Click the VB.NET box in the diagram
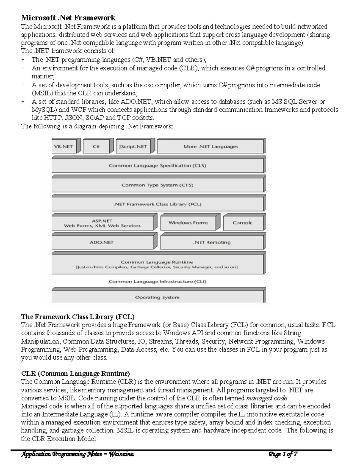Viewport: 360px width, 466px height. tap(63, 147)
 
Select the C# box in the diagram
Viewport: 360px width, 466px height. tap(96, 147)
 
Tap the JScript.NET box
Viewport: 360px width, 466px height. tap(133, 147)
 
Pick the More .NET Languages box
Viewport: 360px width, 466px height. tap(211, 147)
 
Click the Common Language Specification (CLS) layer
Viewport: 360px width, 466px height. tap(157, 166)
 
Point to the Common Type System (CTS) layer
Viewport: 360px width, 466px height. tap(157, 185)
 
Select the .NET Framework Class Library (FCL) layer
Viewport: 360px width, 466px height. tap(157, 204)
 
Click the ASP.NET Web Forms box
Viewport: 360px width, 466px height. tap(102, 223)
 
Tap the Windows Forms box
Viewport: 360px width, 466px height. tap(188, 223)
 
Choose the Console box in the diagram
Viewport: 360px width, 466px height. tap(243, 223)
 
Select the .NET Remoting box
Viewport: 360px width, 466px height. tap(212, 242)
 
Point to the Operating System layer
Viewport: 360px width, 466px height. tap(157, 297)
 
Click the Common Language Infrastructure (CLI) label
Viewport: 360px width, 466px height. tap(157, 281)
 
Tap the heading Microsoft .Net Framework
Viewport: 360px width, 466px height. tap(68, 18)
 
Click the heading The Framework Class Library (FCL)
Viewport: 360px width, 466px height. tap(78, 317)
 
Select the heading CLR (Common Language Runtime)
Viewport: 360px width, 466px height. tap(75, 374)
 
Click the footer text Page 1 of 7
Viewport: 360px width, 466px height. tap(283, 454)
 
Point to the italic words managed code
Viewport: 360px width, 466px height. tap(267, 398)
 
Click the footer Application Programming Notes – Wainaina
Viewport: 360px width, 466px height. tap(77, 454)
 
